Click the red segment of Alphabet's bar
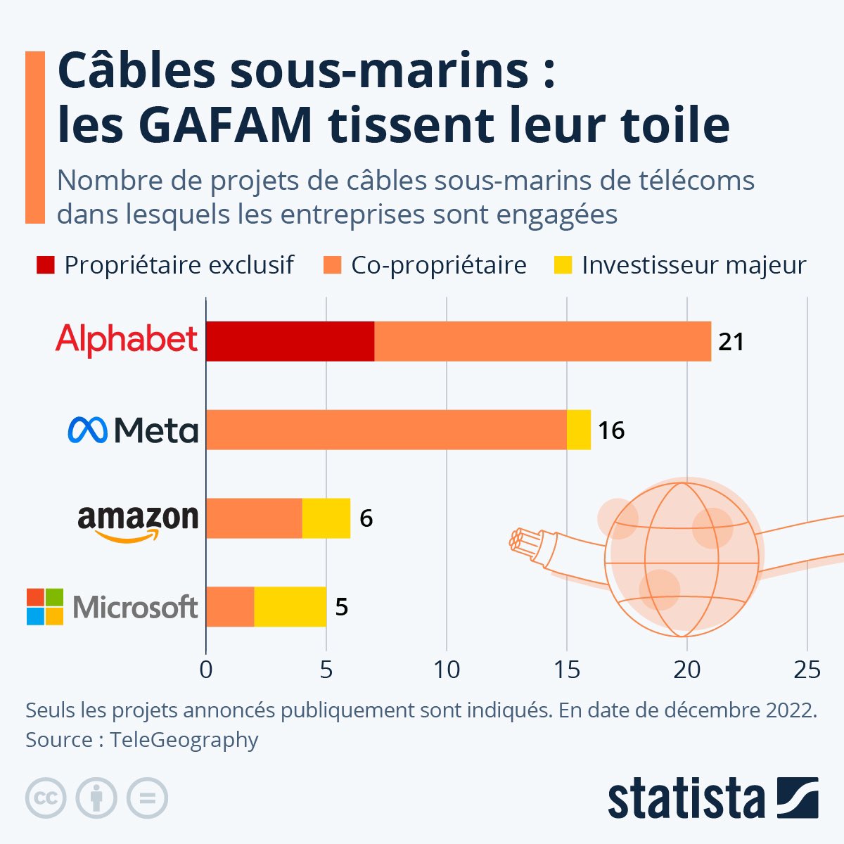290,341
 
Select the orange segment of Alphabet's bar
542,341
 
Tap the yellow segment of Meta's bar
579,430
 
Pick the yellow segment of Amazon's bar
326,518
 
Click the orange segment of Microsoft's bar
230,606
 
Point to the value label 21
731,342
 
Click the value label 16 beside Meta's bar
611,430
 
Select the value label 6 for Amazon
366,519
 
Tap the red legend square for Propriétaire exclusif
45,265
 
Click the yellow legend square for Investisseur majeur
563,265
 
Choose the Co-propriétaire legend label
438,265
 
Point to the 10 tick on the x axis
446,669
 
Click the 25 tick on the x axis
807,669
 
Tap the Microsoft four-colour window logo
45,606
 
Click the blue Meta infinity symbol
87,430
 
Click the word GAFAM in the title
226,125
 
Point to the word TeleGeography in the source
184,740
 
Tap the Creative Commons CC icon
46,798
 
